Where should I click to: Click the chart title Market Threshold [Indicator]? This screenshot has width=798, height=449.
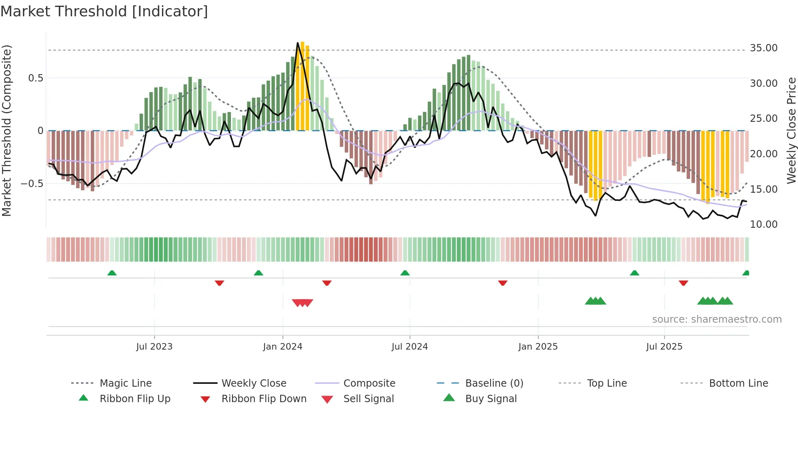(104, 11)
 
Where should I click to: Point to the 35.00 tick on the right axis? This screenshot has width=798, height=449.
(763, 48)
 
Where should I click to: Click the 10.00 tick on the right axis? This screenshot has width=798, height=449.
(763, 224)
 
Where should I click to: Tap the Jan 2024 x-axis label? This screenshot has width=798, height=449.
(283, 347)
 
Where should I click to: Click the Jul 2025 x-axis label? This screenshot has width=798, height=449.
(664, 347)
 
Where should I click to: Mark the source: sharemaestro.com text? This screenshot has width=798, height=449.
(717, 319)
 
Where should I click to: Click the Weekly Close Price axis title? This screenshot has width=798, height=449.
(791, 130)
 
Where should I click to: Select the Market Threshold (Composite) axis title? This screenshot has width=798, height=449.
(7, 130)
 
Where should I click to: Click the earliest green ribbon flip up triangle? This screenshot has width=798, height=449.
(112, 273)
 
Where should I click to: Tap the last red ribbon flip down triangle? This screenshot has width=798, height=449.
(683, 283)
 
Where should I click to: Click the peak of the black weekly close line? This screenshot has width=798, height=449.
(298, 43)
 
